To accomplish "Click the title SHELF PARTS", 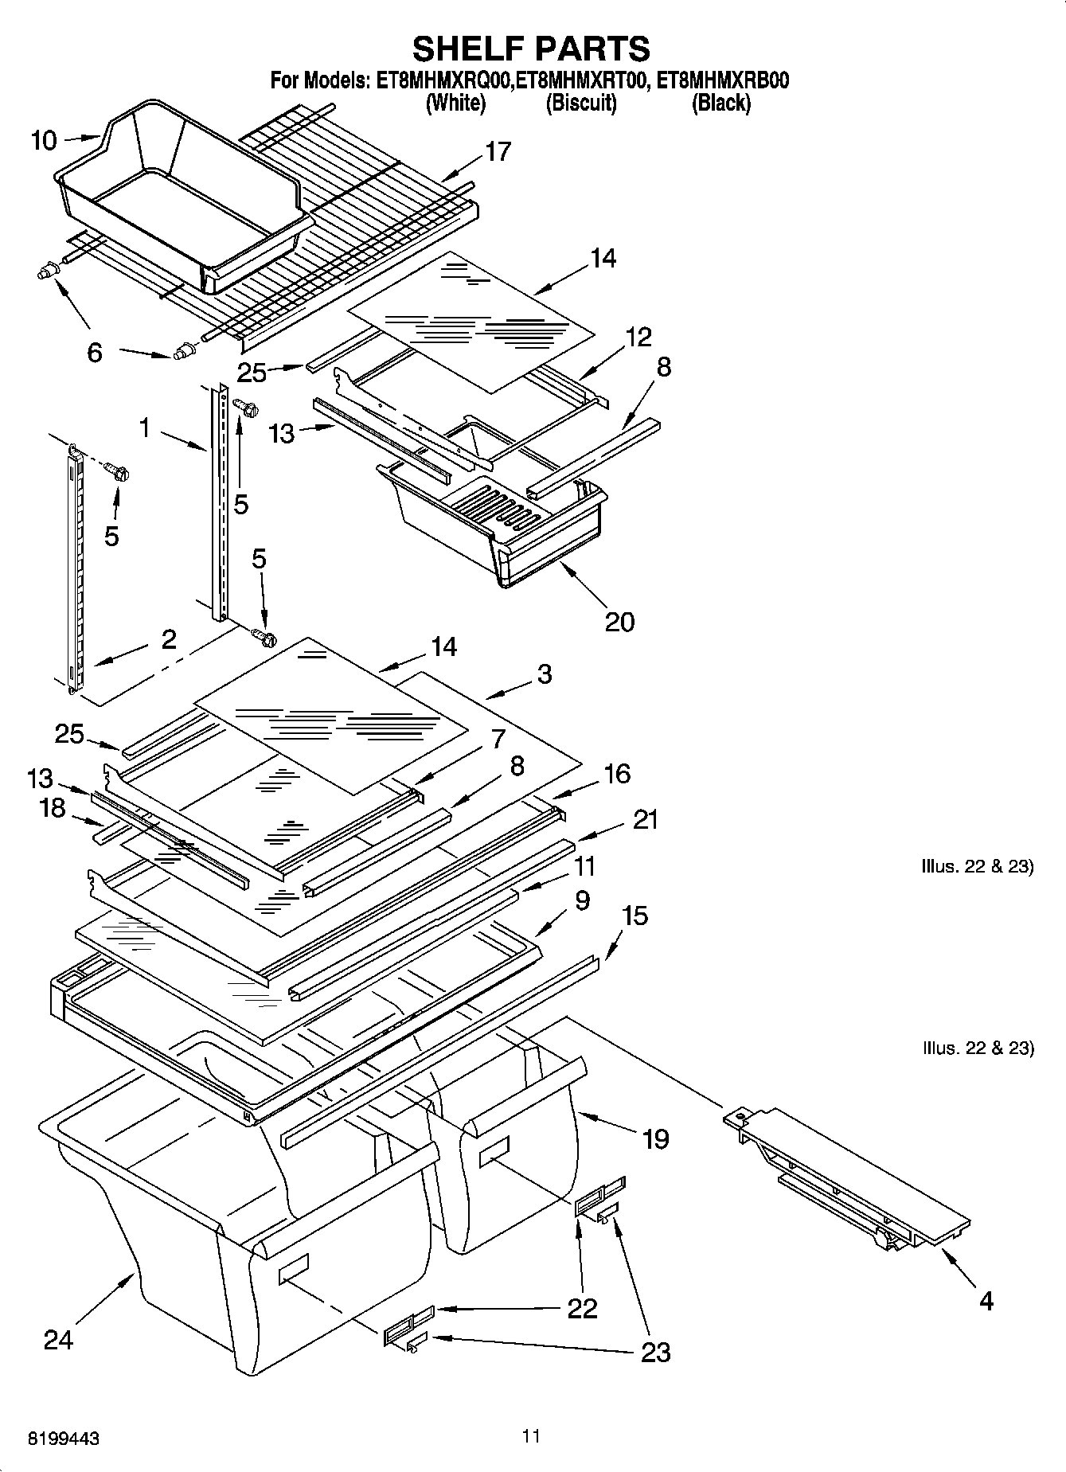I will [531, 49].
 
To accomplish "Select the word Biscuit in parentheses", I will [581, 103].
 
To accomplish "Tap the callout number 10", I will [44, 141].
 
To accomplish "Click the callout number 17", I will [498, 150].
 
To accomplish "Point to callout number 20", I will [619, 621].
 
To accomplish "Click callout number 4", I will [986, 1301].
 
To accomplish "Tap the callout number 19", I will [655, 1139].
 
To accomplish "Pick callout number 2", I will [168, 638].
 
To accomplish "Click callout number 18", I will [53, 808].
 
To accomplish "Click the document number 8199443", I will [64, 1439].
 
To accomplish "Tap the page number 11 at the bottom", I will [531, 1435].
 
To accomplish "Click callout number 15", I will [635, 916].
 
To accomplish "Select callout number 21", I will [645, 819].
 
